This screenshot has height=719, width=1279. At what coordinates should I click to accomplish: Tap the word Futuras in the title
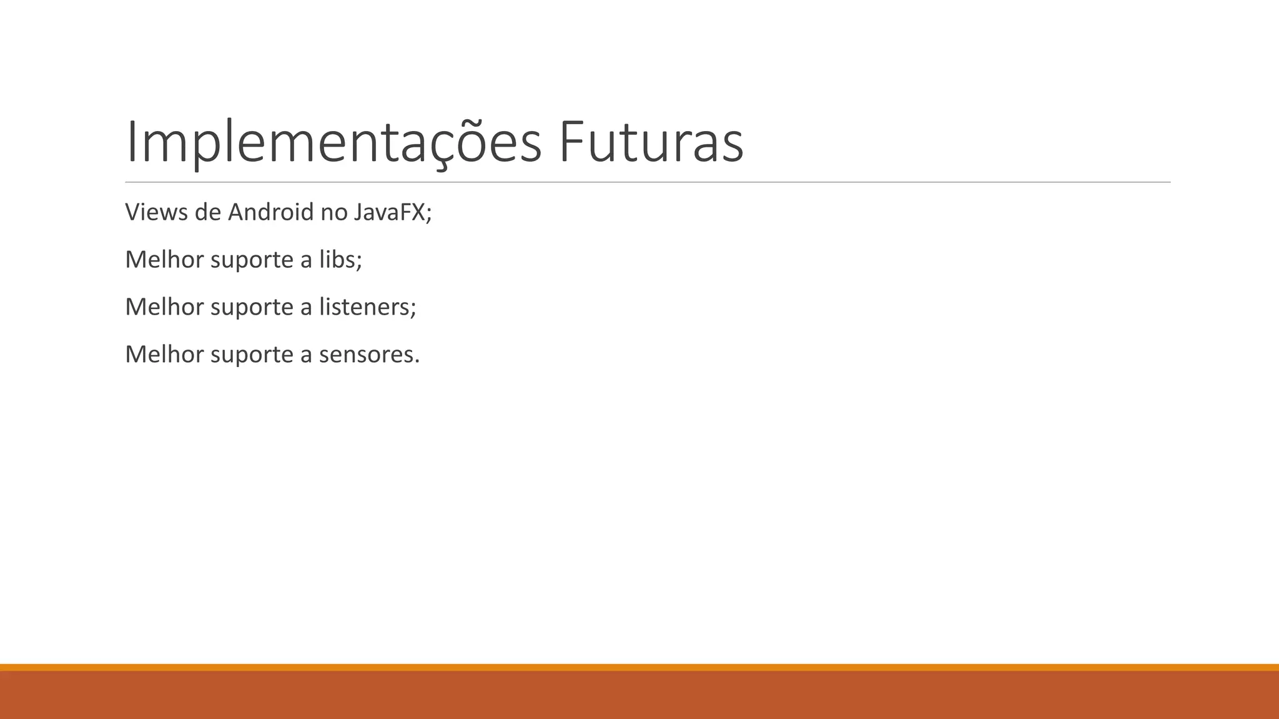pos(651,143)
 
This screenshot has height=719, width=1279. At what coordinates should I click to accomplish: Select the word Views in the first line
pos(156,212)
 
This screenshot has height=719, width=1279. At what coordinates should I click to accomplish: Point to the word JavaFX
pos(390,212)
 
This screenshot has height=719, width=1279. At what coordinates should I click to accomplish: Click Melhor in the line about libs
pos(164,260)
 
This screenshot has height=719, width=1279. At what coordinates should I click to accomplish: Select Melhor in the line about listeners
pos(164,307)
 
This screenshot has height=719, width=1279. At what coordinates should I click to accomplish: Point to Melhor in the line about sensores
pos(164,355)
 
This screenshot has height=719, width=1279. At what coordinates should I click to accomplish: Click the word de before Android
pos(208,212)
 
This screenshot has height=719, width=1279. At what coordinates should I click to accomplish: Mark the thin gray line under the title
pos(648,182)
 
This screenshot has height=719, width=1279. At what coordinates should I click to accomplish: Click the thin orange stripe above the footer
pos(639,667)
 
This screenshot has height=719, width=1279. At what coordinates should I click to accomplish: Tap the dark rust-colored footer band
pos(639,695)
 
